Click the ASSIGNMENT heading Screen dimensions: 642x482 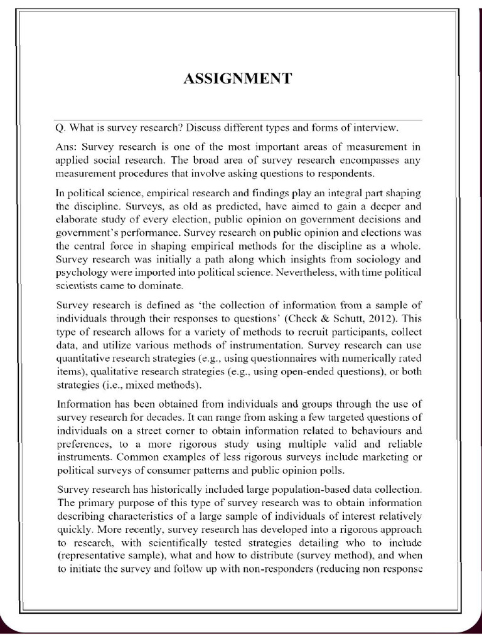tap(237, 78)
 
